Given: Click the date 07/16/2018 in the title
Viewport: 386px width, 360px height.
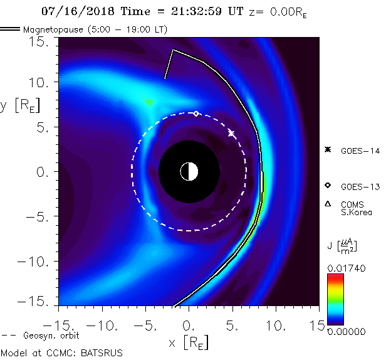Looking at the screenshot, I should click(x=70, y=10).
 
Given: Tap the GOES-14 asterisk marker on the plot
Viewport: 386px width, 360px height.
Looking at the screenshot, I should click(x=231, y=134).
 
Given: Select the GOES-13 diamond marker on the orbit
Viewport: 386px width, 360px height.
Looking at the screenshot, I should click(x=196, y=114).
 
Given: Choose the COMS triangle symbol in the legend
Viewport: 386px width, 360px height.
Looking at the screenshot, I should click(x=327, y=204).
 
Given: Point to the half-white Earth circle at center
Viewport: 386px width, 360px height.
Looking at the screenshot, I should click(x=189, y=171).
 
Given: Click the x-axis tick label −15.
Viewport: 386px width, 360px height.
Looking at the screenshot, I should click(x=56, y=326).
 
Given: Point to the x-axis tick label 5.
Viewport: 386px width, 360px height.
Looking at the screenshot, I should click(x=233, y=326).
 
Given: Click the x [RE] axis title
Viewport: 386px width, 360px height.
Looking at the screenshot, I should click(x=189, y=342).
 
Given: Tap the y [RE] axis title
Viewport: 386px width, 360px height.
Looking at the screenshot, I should click(x=16, y=105).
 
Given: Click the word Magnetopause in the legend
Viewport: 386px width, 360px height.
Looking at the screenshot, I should click(x=50, y=29).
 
